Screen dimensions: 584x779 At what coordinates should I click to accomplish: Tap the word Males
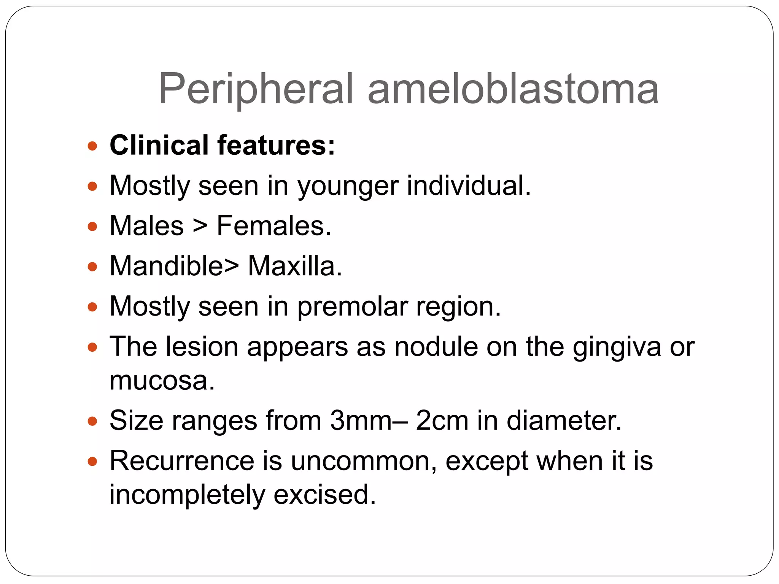click(x=147, y=226)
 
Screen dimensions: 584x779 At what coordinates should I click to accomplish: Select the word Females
click(x=274, y=226)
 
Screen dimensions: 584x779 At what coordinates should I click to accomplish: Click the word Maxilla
click(x=295, y=266)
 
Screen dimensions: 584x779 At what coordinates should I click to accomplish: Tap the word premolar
click(x=352, y=307)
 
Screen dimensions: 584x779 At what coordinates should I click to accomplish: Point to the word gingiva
click(x=617, y=348)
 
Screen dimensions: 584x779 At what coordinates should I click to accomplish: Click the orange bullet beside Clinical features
click(x=92, y=146)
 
